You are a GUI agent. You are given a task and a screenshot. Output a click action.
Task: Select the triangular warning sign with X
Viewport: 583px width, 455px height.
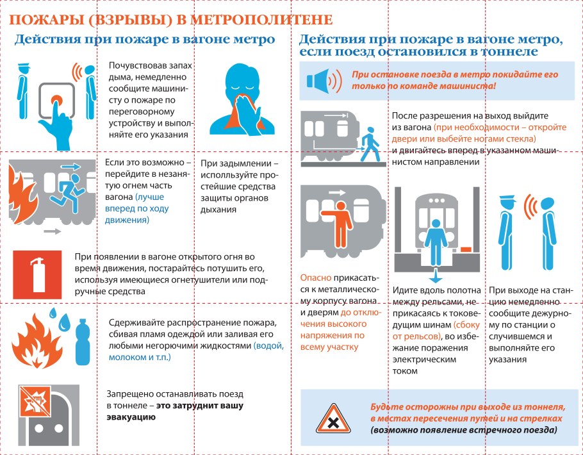pyautogui.click(x=333, y=420)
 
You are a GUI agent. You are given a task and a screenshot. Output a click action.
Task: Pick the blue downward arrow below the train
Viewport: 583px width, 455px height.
pyautogui.click(x=436, y=277)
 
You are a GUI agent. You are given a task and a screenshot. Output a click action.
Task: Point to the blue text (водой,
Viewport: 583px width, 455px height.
pyautogui.click(x=268, y=345)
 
